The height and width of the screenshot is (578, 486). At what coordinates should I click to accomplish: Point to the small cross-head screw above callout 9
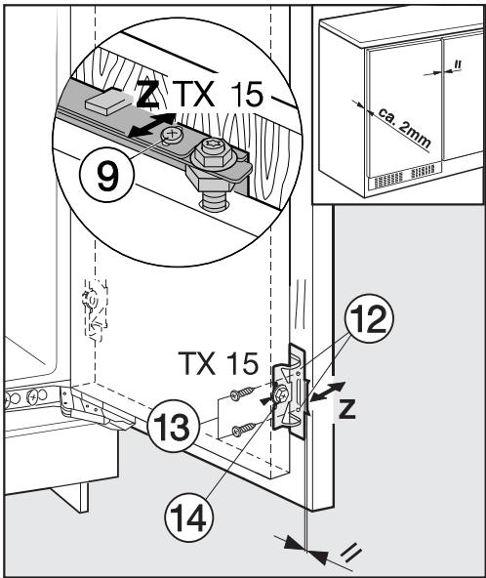(172, 133)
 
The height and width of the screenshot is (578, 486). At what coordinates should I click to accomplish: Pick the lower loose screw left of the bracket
(247, 427)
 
